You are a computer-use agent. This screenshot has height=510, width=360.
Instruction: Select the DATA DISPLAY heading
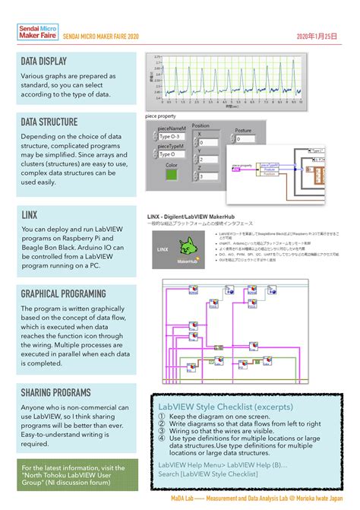47,62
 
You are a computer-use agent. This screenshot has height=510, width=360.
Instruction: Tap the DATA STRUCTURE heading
49,122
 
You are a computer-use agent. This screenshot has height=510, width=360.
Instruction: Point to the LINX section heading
30,215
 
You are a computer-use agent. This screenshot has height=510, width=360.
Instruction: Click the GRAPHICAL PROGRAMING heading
63,293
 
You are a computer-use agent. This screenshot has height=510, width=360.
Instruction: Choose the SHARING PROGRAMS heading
55,392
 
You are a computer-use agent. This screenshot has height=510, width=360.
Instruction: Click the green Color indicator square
172,176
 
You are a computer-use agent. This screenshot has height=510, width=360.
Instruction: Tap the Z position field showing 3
207,176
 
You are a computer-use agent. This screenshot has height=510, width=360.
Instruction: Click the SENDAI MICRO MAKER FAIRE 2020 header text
101,36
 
